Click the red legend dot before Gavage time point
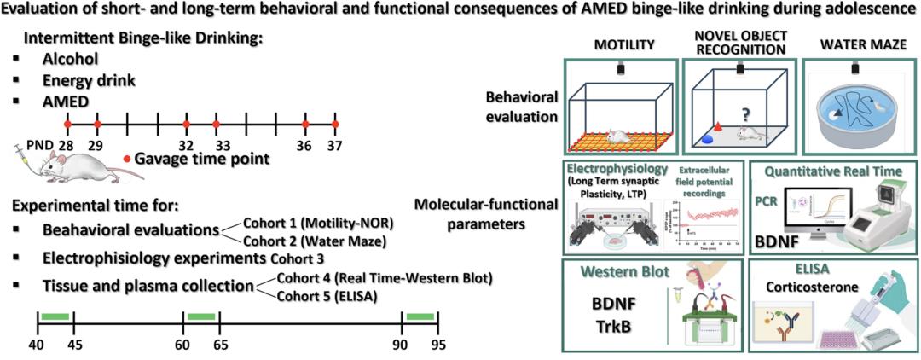(127, 159)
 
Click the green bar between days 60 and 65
(201, 316)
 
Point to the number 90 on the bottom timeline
(402, 345)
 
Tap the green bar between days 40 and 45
(55, 316)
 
